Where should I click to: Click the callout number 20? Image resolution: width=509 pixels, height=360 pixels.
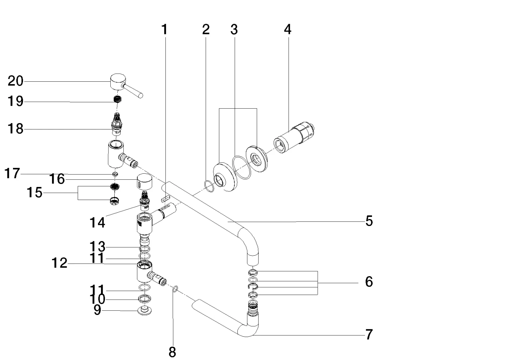[16, 81]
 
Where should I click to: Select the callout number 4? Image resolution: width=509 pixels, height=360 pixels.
[288, 30]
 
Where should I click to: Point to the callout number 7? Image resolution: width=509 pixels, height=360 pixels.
[369, 334]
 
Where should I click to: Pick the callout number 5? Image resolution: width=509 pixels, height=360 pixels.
[369, 221]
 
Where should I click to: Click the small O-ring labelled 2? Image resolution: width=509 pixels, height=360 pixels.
[209, 187]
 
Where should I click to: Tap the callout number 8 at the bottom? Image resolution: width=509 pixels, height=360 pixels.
[172, 351]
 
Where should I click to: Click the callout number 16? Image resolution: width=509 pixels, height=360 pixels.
[57, 179]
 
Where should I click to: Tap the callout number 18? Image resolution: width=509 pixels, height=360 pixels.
[16, 128]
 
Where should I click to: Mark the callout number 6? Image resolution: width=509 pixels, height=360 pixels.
[369, 282]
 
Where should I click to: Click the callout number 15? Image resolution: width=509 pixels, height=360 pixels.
[35, 192]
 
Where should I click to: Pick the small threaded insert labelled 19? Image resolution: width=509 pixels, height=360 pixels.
[117, 99]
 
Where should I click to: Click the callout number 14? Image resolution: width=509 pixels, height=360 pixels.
[97, 222]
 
